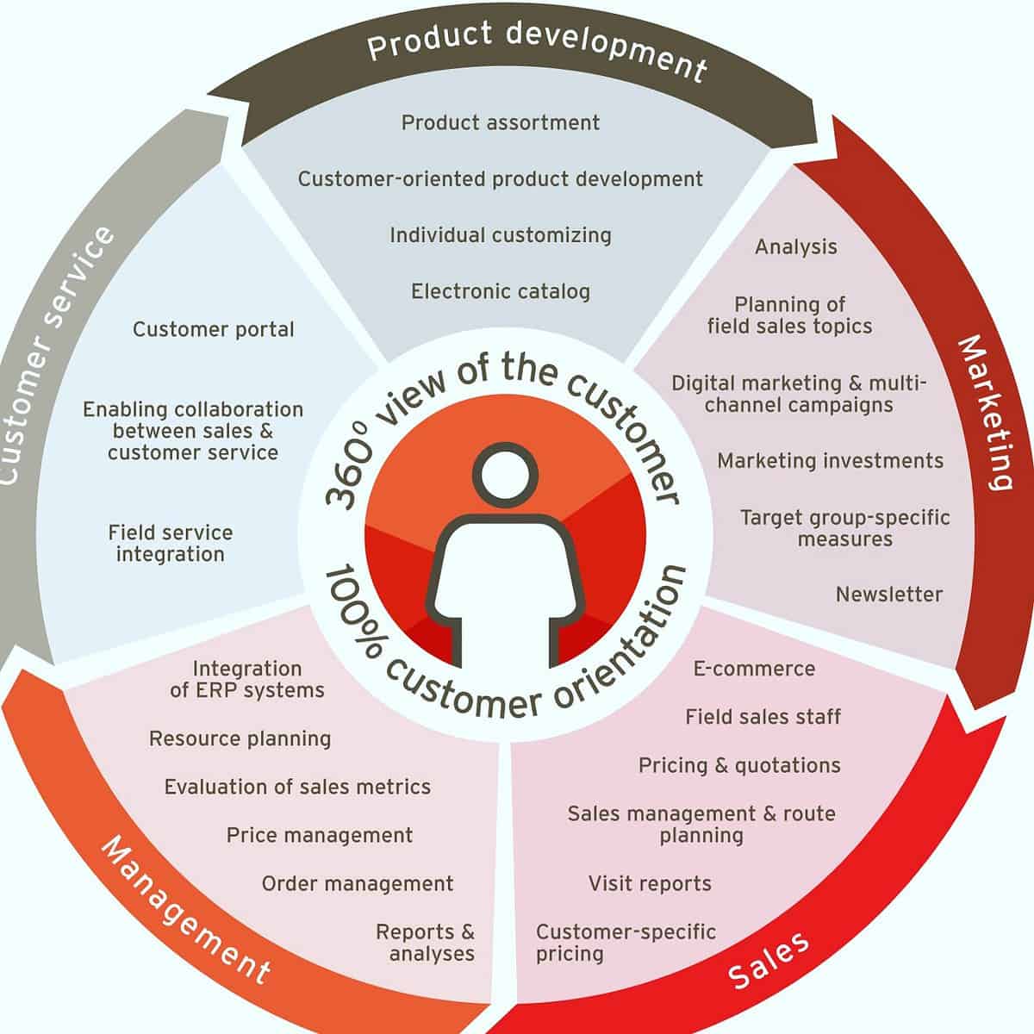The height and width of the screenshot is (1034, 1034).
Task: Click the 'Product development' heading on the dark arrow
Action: pos(536,49)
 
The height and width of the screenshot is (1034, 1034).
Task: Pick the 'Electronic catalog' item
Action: pos(501,291)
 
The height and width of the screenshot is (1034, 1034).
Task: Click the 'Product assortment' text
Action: pos(501,122)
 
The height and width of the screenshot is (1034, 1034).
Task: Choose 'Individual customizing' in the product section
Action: pos(501,235)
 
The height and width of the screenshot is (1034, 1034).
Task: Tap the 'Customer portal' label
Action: pos(214,329)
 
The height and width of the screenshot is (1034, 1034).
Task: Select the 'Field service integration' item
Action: pos(171,544)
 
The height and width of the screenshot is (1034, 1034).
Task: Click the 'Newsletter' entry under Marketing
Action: pos(889,594)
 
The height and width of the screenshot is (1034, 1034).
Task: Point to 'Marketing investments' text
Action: pos(831,461)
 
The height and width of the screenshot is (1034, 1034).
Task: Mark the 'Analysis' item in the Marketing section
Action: pos(796,247)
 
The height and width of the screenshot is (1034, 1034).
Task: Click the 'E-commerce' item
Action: pos(754,669)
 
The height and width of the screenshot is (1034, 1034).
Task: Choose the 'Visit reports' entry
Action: pos(650,883)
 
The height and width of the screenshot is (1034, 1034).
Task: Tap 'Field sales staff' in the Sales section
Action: pos(763,717)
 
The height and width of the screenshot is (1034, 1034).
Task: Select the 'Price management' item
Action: pos(320,835)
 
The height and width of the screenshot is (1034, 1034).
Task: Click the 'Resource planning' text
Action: pos(240,738)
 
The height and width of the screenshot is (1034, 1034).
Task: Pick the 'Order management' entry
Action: pos(358,883)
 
